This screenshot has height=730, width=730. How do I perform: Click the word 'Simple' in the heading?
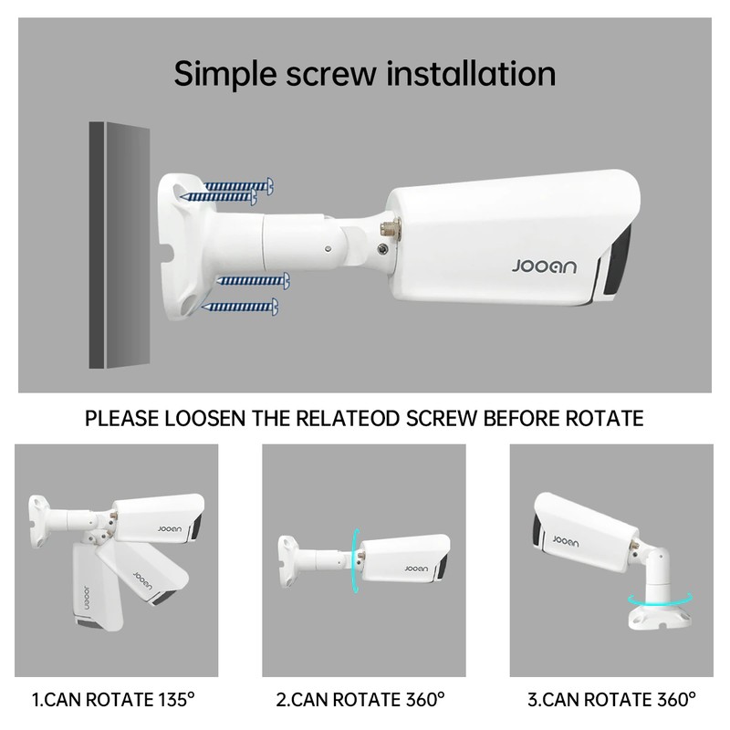(225, 75)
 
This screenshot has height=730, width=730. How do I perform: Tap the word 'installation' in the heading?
(471, 73)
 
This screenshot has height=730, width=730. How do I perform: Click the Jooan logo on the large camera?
(544, 266)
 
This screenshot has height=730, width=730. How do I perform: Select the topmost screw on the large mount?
(238, 186)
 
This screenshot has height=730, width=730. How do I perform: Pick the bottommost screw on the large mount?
(240, 307)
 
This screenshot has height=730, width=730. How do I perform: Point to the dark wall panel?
(120, 245)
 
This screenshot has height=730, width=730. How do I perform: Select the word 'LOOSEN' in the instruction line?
(204, 418)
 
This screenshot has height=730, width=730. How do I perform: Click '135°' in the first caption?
(176, 699)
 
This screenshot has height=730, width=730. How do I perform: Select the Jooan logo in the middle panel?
(416, 568)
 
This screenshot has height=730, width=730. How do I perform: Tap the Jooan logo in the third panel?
(566, 541)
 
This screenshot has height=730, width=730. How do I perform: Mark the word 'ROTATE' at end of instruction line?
(604, 418)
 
